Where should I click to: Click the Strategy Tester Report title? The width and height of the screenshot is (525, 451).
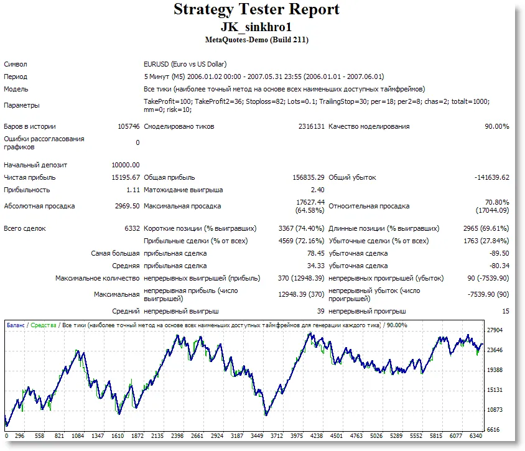point(256,10)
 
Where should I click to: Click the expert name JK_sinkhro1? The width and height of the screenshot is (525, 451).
point(256,27)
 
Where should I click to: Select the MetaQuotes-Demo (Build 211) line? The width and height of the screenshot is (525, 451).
point(256,40)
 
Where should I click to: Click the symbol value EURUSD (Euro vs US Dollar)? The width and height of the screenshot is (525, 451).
point(185,64)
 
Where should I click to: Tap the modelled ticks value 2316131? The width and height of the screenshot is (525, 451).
point(312,126)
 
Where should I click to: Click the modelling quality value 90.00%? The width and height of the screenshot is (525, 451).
point(496,126)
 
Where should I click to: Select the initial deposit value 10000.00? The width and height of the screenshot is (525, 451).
point(125,165)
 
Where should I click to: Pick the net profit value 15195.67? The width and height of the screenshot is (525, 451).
point(125,177)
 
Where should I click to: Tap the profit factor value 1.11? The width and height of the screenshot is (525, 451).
point(132,190)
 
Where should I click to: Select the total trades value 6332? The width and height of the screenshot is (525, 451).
point(132,228)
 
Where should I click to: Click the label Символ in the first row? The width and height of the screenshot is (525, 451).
point(16,64)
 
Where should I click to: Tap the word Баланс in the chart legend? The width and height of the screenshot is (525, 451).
point(16,325)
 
